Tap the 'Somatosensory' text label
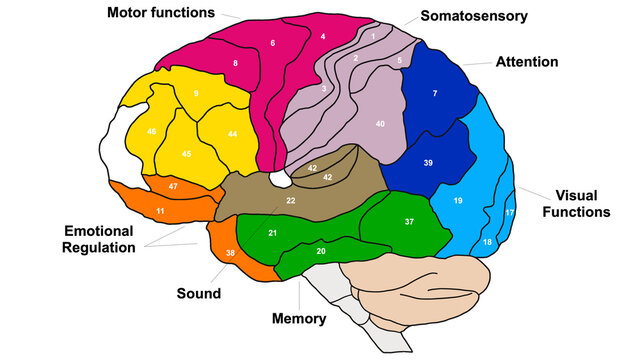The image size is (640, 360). coord(473,16)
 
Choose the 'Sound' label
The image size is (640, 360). coord(199,294)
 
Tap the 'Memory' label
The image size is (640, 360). coord(299,319)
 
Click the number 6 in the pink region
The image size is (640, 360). coord(272,43)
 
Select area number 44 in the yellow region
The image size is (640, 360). coord(232,134)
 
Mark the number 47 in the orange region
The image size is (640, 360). coord(173,187)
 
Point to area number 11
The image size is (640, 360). coord(160,212)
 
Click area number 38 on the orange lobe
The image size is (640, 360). coord(230,255)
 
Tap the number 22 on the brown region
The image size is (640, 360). coord(291,201)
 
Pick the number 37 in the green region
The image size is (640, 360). coord(408,221)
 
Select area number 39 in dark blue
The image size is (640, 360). coord(427,162)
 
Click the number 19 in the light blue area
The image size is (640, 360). coord(458,201)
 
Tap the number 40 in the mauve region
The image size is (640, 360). coord(380,123)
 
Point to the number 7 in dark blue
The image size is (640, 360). coord(435,93)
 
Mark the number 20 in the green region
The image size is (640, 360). coord(320,251)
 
